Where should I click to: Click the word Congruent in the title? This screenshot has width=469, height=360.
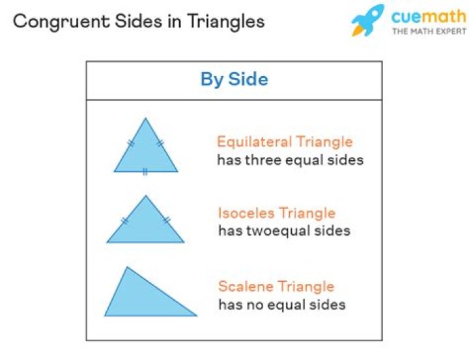point(62,22)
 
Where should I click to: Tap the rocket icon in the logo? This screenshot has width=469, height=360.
point(368,20)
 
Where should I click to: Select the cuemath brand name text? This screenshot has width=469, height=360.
point(429,16)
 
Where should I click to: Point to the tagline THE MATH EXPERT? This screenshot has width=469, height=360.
point(429,31)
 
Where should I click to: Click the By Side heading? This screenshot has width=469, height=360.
point(234,79)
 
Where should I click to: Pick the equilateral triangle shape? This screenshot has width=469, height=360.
point(146,150)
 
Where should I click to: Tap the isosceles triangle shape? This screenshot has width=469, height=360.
point(146,223)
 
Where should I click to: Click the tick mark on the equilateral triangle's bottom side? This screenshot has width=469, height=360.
point(145,172)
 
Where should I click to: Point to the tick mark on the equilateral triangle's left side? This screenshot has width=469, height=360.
point(131,143)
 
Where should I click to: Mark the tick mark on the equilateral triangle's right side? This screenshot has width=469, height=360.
point(161,143)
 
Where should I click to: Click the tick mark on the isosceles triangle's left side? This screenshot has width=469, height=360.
point(125,221)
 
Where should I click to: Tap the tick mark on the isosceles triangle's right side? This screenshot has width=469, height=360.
point(167,221)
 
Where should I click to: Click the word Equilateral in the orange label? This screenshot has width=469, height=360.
point(254,142)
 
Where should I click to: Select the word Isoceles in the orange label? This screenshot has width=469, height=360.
point(246,213)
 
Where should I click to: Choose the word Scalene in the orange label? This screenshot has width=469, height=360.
point(246,286)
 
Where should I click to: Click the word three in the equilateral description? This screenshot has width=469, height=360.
point(263,160)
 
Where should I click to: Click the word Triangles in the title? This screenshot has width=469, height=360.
point(226,22)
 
